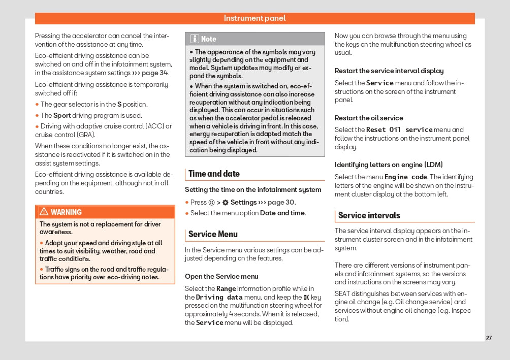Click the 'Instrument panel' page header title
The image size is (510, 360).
254,18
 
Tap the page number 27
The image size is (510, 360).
489,338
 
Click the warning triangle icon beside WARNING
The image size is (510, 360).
44,212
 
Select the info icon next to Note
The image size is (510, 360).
195,39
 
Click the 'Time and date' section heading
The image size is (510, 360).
214,174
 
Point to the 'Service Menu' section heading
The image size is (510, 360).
213,234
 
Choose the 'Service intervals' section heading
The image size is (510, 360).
369,215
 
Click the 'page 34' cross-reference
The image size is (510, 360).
155,73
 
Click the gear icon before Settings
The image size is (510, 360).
225,203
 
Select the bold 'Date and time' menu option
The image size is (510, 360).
282,213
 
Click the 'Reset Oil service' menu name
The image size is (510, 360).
399,130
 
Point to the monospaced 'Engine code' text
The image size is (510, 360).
405,177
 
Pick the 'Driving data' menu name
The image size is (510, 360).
219,297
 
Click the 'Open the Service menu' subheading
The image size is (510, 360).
221,277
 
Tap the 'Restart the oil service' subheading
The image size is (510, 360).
369,118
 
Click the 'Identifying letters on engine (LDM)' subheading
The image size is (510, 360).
389,165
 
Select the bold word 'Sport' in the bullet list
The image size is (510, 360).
62,116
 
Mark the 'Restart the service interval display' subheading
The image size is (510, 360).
389,71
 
